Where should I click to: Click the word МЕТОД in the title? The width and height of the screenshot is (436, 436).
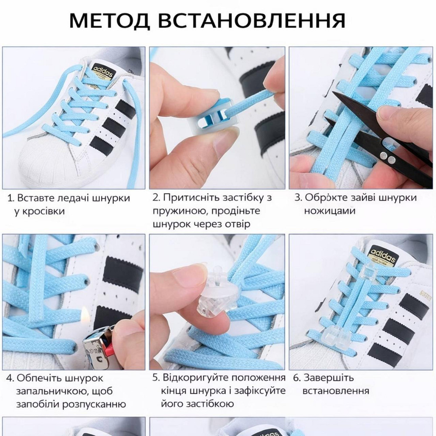point(109,20)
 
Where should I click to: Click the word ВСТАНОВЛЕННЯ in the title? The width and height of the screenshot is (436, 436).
point(252,20)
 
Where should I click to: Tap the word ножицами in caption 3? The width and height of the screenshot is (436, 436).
point(330,211)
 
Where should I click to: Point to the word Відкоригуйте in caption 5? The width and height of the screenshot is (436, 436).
point(195,378)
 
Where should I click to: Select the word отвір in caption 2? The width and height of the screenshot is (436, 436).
point(237,224)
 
